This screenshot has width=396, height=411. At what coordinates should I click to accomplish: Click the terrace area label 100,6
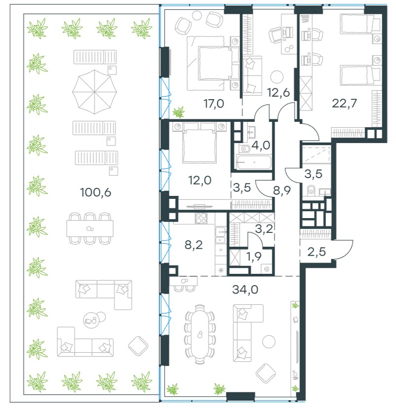click(95, 192)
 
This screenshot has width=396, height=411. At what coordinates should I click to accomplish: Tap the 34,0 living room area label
click(245, 290)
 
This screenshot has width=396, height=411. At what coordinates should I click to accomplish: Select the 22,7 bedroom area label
click(344, 103)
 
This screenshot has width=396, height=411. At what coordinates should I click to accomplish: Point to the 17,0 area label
click(214, 104)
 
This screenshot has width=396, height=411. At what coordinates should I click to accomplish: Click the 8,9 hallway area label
click(282, 190)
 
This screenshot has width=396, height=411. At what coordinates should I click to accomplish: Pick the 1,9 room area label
click(254, 256)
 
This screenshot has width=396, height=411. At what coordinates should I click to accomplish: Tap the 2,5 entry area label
click(317, 252)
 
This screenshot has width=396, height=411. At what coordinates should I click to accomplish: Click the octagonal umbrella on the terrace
click(94, 92)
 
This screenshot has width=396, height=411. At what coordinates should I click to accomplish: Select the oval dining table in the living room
click(200, 335)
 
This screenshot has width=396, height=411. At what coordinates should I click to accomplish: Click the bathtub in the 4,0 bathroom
click(254, 162)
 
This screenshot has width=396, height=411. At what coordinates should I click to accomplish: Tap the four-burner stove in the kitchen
click(201, 218)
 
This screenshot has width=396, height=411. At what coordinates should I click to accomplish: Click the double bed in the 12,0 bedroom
click(200, 143)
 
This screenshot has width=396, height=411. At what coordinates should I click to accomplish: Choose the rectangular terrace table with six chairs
click(90, 228)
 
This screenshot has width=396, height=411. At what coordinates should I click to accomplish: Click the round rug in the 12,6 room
click(277, 77)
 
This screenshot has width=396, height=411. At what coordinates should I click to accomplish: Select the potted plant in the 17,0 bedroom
click(179, 112)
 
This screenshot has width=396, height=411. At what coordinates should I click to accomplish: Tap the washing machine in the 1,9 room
click(267, 269)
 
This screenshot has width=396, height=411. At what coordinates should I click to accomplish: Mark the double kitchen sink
click(221, 236)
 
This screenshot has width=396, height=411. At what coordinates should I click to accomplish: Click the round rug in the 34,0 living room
click(269, 341)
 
